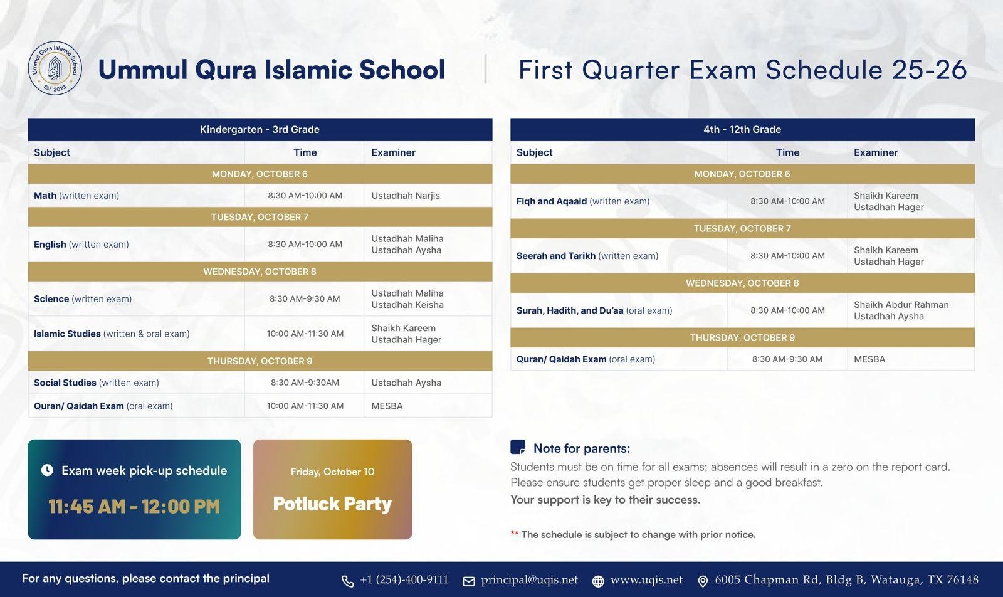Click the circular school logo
click(55, 69)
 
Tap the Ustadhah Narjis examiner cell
click(405, 196)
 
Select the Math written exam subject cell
click(76, 196)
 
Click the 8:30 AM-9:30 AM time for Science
click(305, 299)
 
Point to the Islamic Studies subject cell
click(112, 334)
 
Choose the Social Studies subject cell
click(97, 383)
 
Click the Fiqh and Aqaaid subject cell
click(582, 201)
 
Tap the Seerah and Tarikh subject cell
click(587, 256)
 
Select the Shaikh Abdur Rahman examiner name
click(901, 305)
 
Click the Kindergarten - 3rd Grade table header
click(260, 130)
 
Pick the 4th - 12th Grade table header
click(742, 130)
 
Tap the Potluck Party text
click(332, 504)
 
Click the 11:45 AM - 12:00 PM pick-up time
click(134, 507)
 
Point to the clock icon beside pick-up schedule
click(47, 470)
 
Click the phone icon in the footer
click(347, 581)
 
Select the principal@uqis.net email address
click(529, 580)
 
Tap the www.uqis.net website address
click(646, 580)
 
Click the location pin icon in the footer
click(703, 581)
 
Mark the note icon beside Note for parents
click(518, 447)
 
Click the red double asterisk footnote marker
click(514, 534)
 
